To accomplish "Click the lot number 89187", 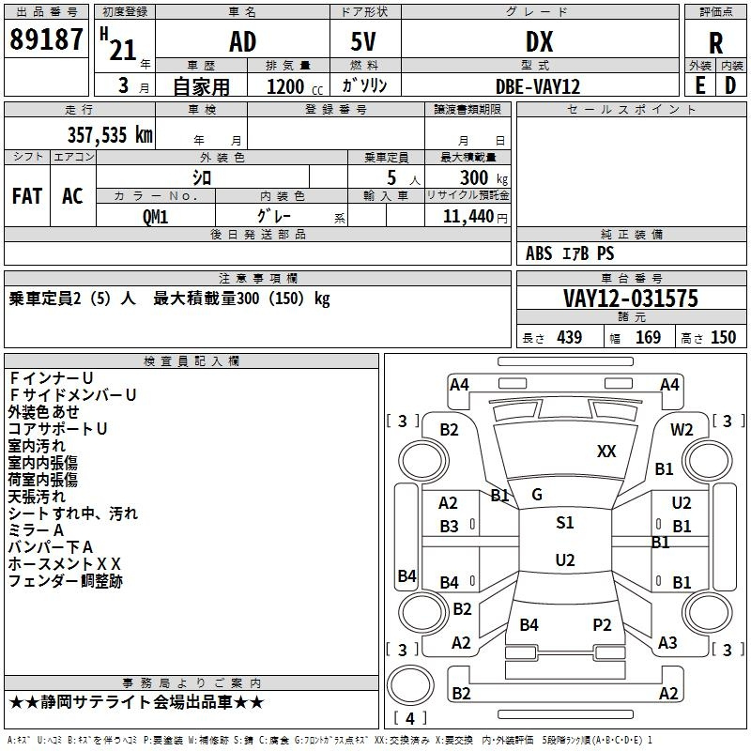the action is [x=46, y=39].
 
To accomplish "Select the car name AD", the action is [x=243, y=42].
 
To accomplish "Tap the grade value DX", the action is [x=539, y=42].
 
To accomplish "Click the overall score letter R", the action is [x=715, y=43].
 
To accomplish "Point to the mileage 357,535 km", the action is [x=110, y=135].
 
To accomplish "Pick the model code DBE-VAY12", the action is [x=538, y=86].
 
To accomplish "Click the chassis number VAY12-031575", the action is [x=631, y=299].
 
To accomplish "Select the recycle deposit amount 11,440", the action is [x=467, y=217].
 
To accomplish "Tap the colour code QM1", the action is [x=155, y=217].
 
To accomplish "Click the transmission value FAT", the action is [x=27, y=196].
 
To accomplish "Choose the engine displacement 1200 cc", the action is [x=295, y=86].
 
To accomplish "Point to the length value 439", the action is [x=569, y=337].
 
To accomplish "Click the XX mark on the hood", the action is [x=606, y=452].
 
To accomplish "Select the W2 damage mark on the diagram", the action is [x=682, y=430].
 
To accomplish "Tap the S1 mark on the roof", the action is [x=565, y=523].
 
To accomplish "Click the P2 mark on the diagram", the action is [x=602, y=624].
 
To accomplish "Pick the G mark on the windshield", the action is [x=537, y=495].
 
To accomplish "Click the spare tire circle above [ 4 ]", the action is [x=410, y=685].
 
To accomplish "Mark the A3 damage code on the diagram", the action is [x=667, y=642].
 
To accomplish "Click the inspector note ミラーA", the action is [x=36, y=530].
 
